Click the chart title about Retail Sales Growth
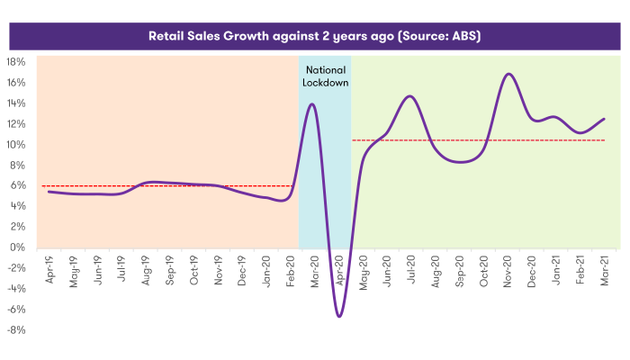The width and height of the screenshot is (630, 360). pyautogui.click(x=314, y=37)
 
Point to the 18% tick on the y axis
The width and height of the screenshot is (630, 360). pyautogui.click(x=17, y=62)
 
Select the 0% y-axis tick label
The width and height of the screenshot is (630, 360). pyautogui.click(x=20, y=247)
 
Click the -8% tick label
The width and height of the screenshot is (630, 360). pyautogui.click(x=17, y=329)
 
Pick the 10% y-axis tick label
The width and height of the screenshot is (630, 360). pyautogui.click(x=17, y=145)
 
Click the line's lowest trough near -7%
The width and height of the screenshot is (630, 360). pyautogui.click(x=339, y=316)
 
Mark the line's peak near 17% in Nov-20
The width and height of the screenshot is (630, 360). pyautogui.click(x=509, y=74)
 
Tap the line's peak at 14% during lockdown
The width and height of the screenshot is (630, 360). pyautogui.click(x=312, y=104)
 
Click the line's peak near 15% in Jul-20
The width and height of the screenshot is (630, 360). pyautogui.click(x=409, y=96)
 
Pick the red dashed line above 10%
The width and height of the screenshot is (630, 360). pyautogui.click(x=477, y=140)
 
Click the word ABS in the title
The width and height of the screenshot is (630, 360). pyautogui.click(x=466, y=37)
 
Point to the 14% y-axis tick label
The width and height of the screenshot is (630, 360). pyautogui.click(x=17, y=103)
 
